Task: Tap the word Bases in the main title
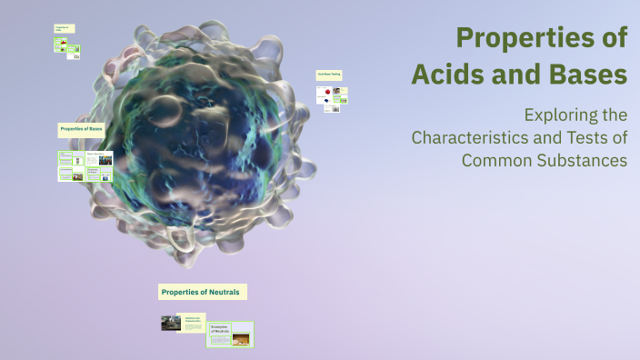(585, 75)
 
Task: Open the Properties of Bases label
(81, 129)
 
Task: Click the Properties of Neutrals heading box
(202, 292)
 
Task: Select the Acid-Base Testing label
(329, 74)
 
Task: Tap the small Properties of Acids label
(62, 29)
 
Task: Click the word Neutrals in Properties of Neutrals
(225, 292)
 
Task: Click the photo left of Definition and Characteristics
(171, 323)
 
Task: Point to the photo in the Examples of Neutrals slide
(242, 340)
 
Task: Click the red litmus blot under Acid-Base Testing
(323, 92)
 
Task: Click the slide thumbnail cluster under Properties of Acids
(66, 48)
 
